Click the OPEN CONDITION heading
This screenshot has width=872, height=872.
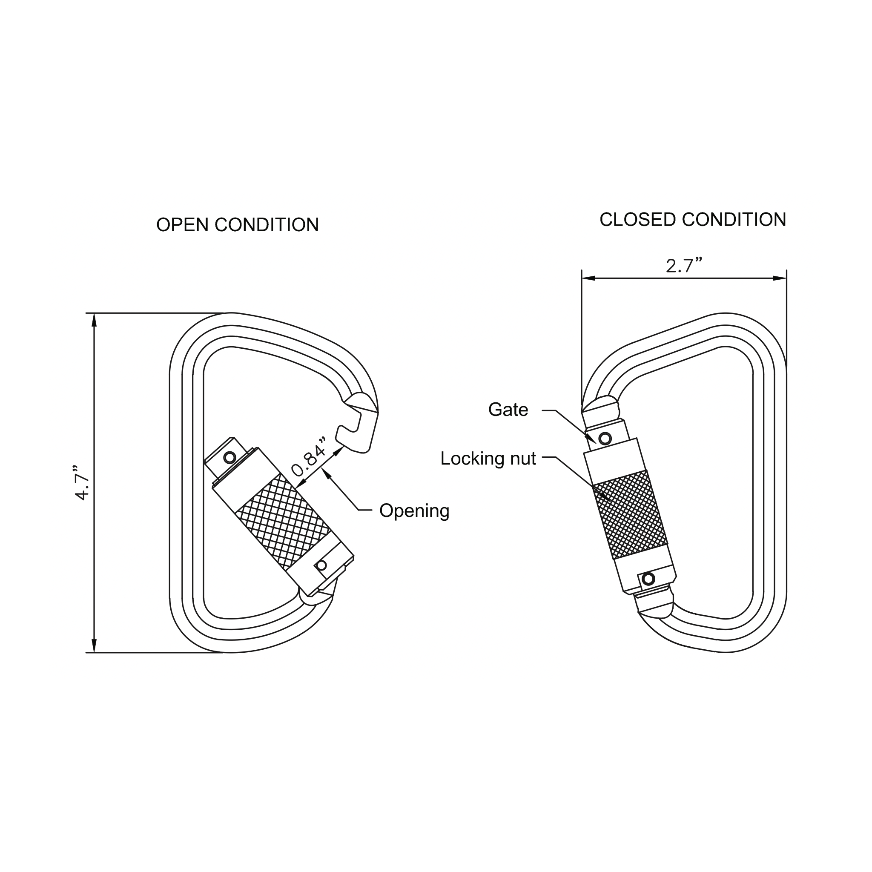coord(238,225)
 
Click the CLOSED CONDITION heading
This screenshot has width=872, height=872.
coord(692,220)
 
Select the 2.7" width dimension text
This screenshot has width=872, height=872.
coord(684,265)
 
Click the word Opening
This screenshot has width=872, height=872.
coord(414,511)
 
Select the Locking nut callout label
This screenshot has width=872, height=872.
coord(488,459)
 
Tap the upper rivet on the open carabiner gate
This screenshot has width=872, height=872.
coord(230,458)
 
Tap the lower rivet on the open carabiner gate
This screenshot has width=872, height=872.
coord(322,565)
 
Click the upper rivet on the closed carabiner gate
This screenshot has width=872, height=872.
coord(605,438)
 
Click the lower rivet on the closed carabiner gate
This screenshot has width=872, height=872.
coord(648,579)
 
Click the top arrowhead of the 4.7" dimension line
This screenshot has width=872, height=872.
coord(94,320)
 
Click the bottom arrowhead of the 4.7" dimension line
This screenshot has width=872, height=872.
coord(94,646)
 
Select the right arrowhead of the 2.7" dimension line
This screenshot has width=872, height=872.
coord(780,278)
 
